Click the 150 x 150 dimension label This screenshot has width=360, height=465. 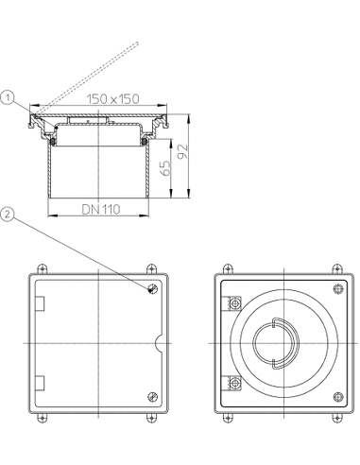112,99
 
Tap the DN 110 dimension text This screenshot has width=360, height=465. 101,209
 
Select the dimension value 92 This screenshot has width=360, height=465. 183,151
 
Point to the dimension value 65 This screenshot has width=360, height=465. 165,168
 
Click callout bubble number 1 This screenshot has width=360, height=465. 8,98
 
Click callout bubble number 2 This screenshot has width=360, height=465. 8,215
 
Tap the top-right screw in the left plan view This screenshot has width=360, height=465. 153,288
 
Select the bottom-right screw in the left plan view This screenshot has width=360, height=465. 153,397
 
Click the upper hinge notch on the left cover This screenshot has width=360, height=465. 40,303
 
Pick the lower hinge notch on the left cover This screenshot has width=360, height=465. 40,383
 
